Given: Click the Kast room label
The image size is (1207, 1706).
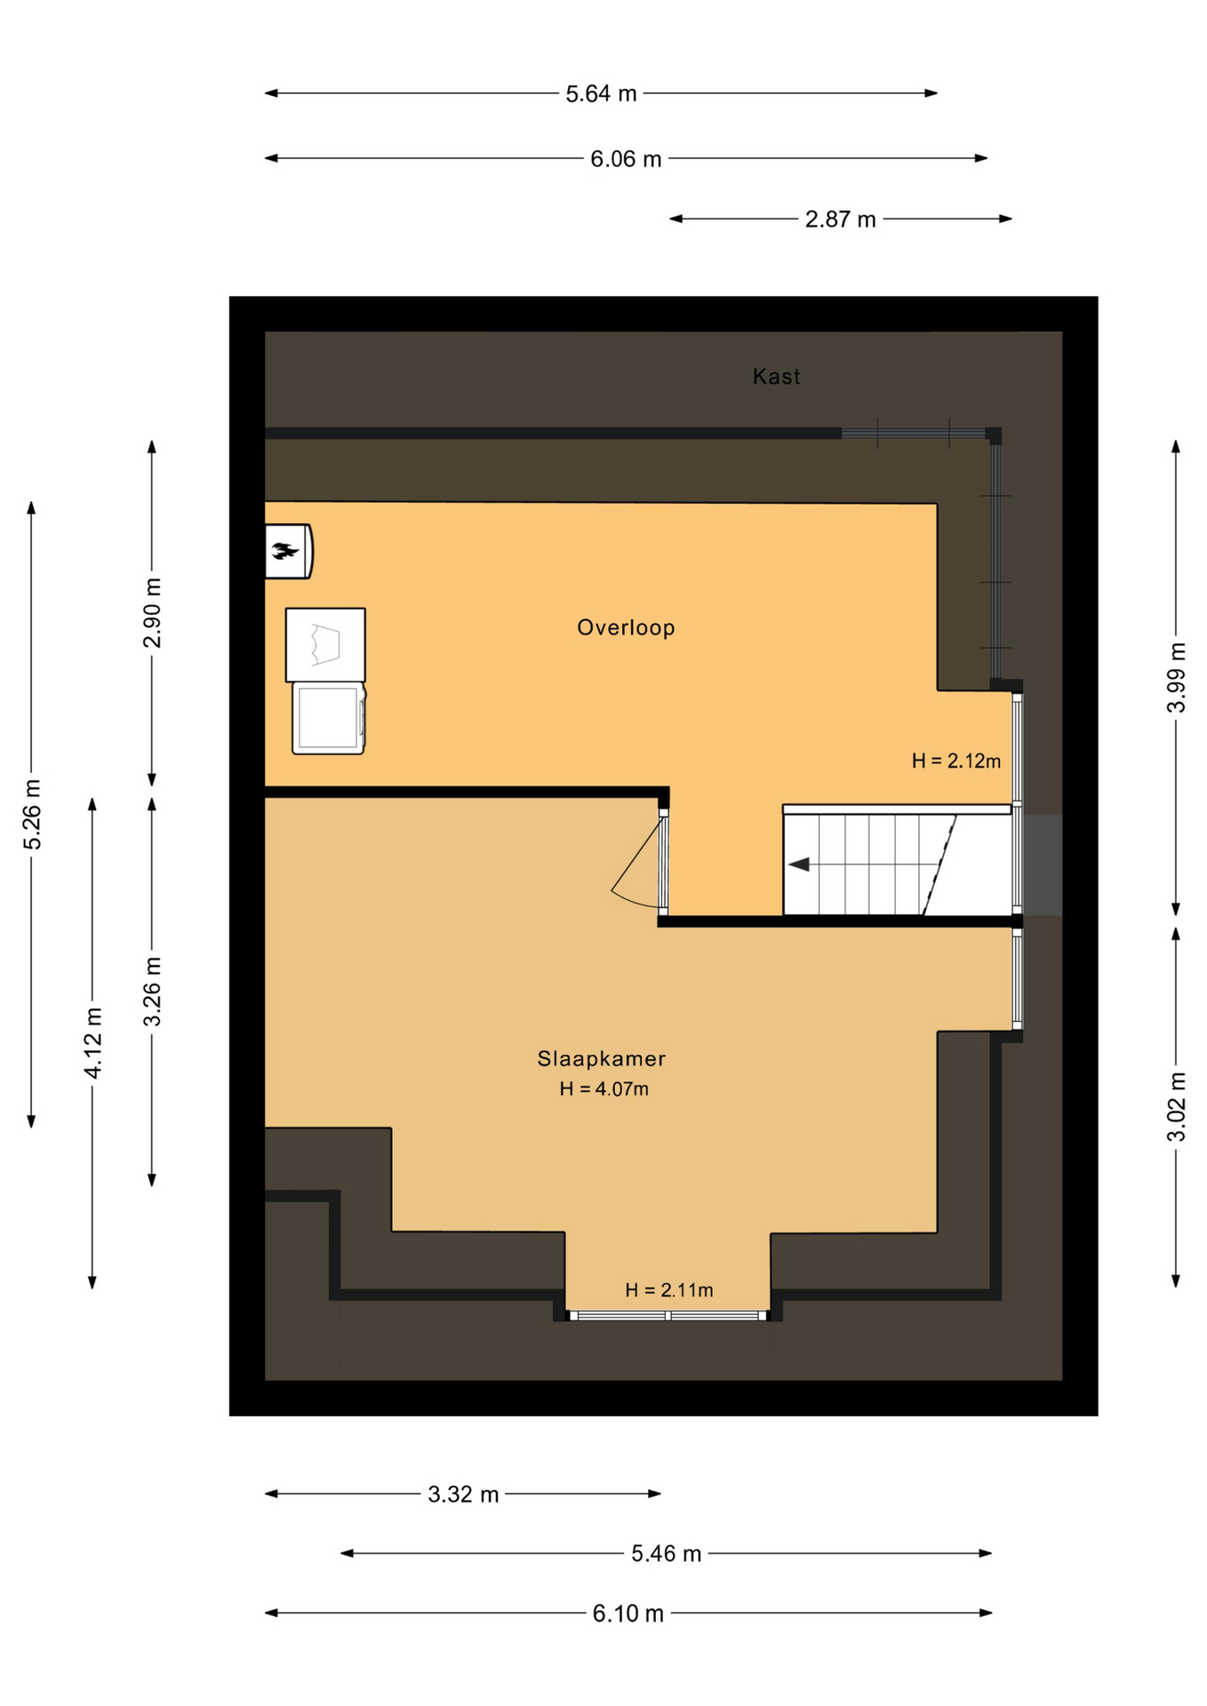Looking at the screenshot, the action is [x=776, y=377].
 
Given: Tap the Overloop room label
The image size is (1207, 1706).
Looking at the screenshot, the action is [x=626, y=627].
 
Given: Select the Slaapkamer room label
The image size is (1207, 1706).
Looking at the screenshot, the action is [x=601, y=1058].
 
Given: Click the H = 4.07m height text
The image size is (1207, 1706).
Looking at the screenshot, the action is [x=603, y=1088].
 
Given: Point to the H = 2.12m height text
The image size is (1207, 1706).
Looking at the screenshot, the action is [x=955, y=761].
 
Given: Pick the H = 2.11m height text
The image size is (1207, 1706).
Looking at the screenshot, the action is [x=668, y=1289].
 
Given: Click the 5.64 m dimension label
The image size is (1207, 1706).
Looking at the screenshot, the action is [x=601, y=93].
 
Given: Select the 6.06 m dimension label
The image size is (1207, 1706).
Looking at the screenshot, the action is [x=626, y=159].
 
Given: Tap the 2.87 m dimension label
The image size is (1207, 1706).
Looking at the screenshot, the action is [x=840, y=219].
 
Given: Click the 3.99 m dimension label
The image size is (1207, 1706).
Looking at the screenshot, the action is [x=1176, y=677].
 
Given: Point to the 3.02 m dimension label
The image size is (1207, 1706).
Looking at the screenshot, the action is [x=1176, y=1106].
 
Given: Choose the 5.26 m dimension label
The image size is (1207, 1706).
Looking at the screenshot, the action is [x=32, y=814].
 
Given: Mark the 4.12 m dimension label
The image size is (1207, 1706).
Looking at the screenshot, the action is [x=92, y=1043].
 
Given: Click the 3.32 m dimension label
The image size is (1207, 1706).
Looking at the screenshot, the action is [x=463, y=1494].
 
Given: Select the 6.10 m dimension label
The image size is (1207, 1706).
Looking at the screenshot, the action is [x=627, y=1613].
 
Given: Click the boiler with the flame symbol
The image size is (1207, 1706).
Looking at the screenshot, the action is [x=288, y=551].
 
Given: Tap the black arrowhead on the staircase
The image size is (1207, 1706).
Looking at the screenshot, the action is [x=799, y=864].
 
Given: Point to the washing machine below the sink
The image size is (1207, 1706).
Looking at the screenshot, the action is [x=329, y=718].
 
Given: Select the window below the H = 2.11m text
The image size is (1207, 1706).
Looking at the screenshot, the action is [x=667, y=1315].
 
